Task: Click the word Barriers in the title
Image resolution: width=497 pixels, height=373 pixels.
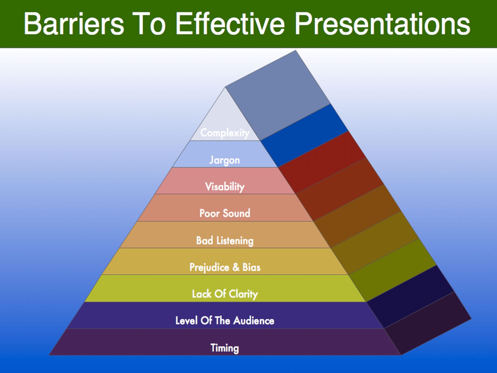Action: click(x=74, y=24)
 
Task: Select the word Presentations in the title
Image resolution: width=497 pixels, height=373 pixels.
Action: click(x=383, y=24)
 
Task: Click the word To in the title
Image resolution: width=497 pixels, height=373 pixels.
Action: click(x=150, y=24)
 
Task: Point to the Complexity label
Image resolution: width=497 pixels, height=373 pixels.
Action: click(x=225, y=133)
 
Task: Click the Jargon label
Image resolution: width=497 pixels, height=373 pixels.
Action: click(x=225, y=160)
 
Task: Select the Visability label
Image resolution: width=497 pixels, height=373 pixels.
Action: click(x=225, y=186)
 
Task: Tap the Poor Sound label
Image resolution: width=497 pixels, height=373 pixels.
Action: click(x=225, y=213)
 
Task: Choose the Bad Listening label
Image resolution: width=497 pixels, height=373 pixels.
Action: click(x=225, y=240)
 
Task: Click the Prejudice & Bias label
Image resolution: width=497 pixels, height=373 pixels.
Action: click(x=225, y=267)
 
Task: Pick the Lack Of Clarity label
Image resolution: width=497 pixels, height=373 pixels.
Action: click(x=225, y=294)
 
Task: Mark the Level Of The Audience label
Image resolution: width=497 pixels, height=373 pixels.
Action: click(x=225, y=321)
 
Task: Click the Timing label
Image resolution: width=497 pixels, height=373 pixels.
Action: click(x=225, y=348)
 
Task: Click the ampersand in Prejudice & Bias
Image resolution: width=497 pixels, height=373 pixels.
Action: click(x=236, y=267)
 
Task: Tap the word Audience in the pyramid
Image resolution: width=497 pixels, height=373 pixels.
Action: click(x=254, y=321)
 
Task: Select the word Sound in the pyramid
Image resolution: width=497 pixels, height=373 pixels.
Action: click(x=237, y=213)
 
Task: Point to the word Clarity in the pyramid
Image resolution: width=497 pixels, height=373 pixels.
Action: click(x=243, y=294)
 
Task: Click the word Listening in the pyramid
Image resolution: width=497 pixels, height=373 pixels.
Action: click(x=235, y=241)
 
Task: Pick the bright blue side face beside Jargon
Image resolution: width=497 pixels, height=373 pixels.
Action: click(x=304, y=135)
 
